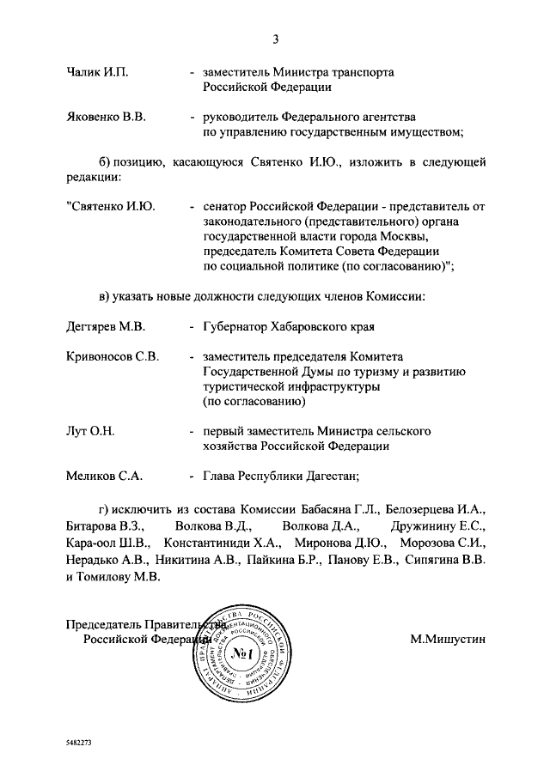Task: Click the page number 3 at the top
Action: [276, 39]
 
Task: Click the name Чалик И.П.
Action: [97, 72]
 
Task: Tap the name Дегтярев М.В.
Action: [107, 327]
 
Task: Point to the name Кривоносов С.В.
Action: [113, 357]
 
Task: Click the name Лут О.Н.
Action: [90, 431]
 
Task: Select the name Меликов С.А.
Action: [104, 475]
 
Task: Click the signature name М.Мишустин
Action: [448, 638]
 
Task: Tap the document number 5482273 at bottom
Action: [78, 740]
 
